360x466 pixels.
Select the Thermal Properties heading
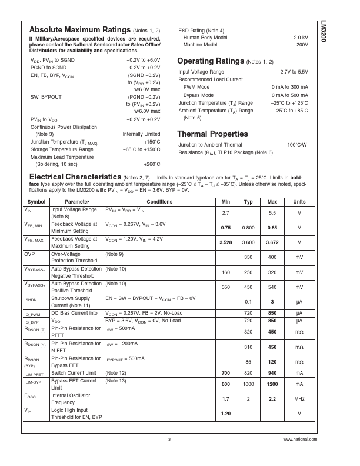tap(212, 134)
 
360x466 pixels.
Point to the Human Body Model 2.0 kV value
tap(301, 38)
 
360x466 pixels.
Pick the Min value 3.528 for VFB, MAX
tap(225, 242)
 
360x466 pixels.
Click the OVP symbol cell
tap(29, 254)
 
